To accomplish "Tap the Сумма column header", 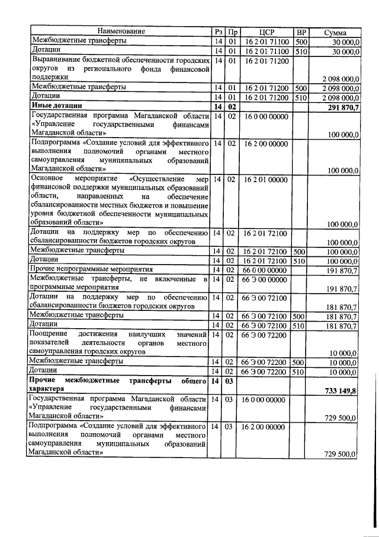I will pos(335,32).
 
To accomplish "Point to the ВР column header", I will pos(301,32).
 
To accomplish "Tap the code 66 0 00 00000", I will pos(264,269).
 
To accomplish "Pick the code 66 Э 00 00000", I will pos(264,278).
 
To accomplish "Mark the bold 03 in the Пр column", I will pos(232,380).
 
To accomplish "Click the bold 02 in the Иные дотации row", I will pos(232,106).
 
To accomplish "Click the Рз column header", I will pos(218,32).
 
